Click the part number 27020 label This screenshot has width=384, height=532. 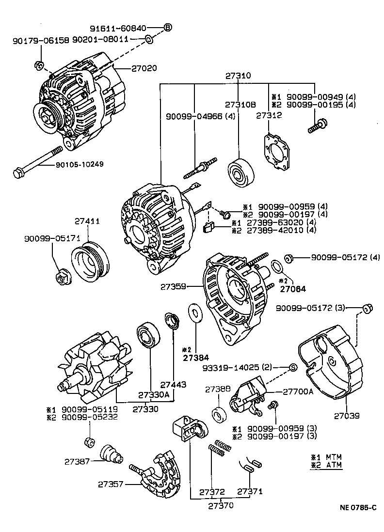click(144, 69)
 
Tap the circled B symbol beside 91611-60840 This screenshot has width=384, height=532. click(168, 27)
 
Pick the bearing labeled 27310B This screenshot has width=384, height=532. click(241, 172)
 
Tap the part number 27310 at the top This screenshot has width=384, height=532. click(238, 76)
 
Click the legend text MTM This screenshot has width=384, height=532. click(334, 457)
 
